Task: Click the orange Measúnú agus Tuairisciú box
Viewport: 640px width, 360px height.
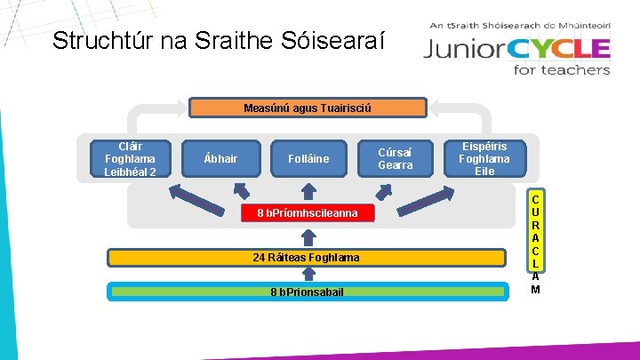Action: click(308, 108)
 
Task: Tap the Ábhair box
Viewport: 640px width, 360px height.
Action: click(220, 159)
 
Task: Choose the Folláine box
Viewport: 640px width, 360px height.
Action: click(308, 159)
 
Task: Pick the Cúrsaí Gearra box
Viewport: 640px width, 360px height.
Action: click(396, 159)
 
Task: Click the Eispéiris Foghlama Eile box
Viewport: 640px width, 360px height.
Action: click(484, 159)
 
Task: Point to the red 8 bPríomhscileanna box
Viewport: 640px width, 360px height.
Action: click(308, 213)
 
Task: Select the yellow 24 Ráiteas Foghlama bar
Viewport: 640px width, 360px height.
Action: click(308, 258)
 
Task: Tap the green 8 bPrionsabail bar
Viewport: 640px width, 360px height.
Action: click(308, 291)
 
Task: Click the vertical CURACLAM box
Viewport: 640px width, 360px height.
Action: click(536, 240)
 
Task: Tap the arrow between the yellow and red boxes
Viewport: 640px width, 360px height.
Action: click(308, 236)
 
